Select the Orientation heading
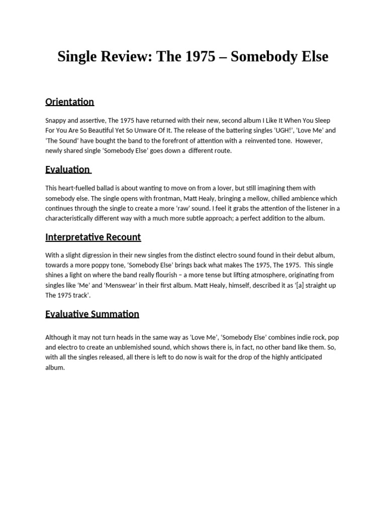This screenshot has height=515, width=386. coord(69,102)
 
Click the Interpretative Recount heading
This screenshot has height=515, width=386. coord(93,237)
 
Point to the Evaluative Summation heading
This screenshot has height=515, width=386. coord(92,314)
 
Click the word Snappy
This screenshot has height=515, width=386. coord(55,121)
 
